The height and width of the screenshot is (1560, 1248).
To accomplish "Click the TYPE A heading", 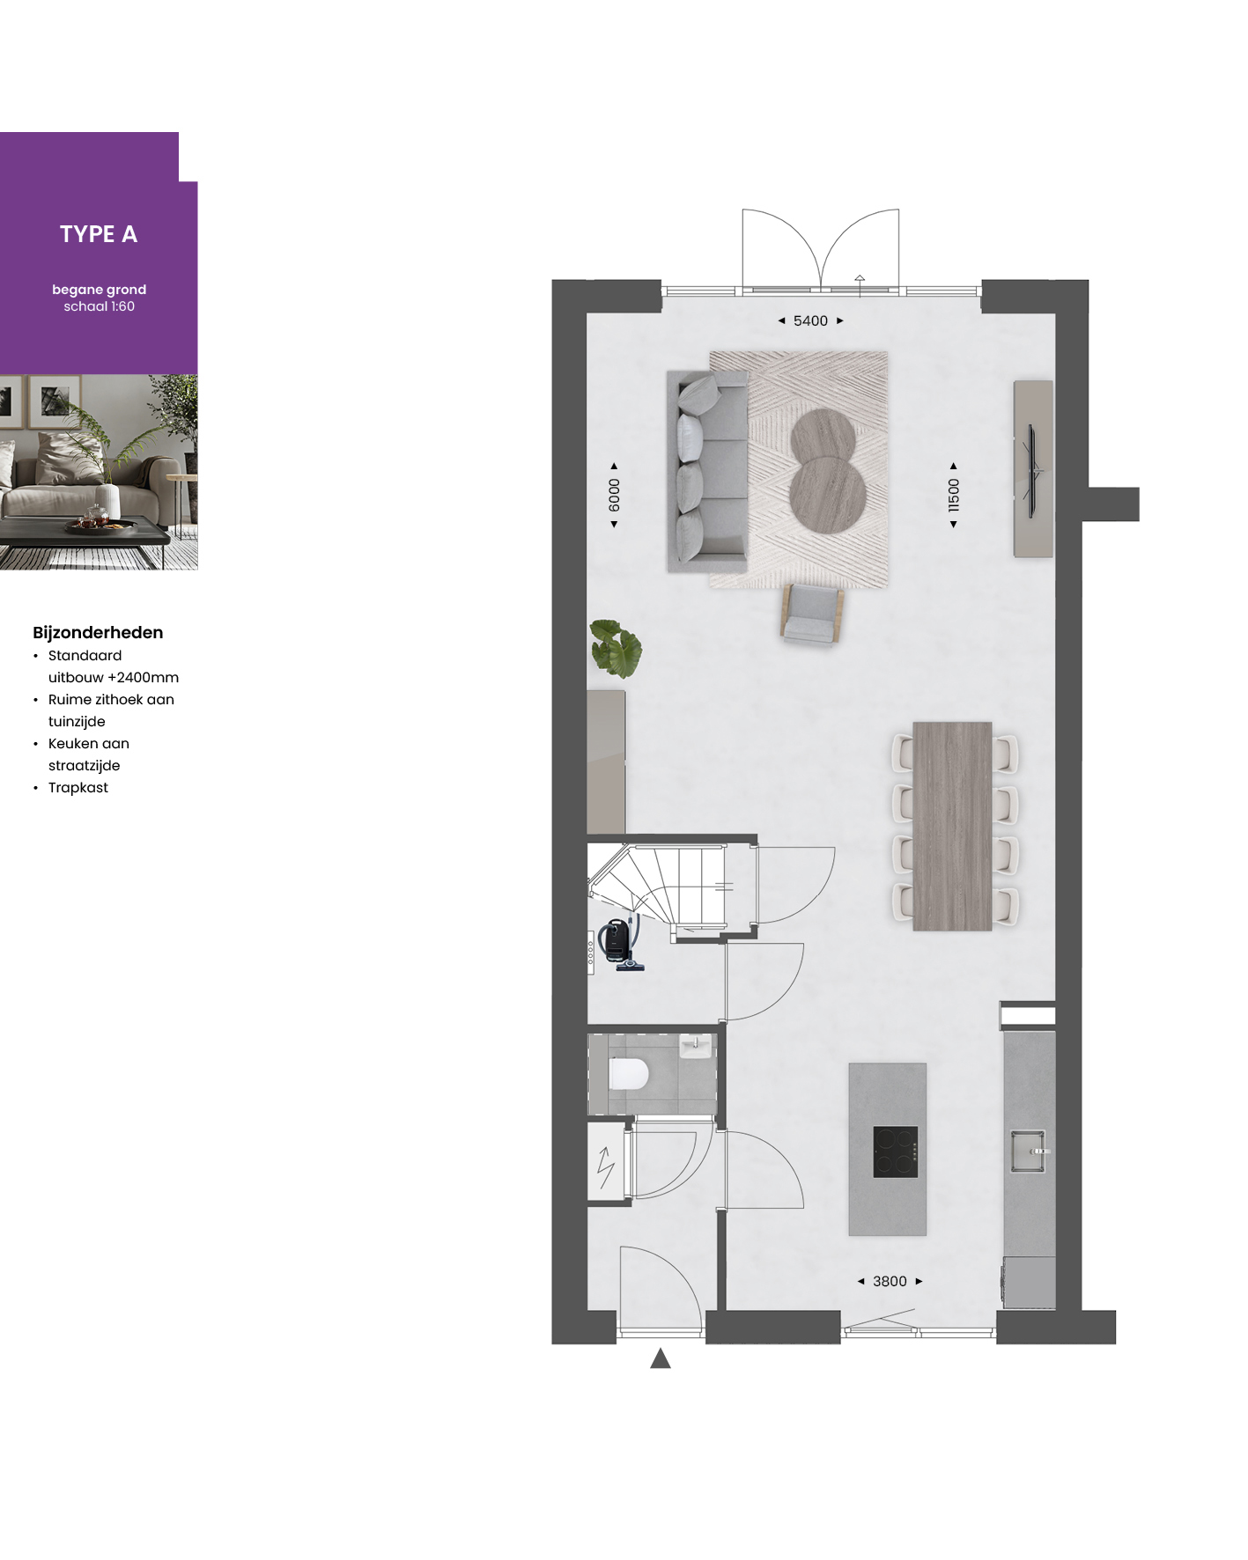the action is (x=99, y=234).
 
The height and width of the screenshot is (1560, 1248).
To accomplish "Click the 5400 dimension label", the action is (x=810, y=321).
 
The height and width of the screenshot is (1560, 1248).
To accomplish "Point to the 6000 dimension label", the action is (x=614, y=495).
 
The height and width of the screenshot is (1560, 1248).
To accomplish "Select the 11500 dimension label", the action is (x=953, y=495).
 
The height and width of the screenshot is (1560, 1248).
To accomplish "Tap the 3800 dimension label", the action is (x=890, y=1282).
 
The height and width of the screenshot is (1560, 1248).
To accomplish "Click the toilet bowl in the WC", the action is (x=629, y=1074).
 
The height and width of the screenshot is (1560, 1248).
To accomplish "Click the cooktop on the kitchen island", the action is (x=896, y=1152).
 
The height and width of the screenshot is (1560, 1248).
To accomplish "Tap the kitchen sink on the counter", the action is (x=1028, y=1152).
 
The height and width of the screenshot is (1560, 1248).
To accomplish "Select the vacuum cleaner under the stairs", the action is (x=620, y=944).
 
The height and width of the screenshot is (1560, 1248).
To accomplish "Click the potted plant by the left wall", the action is (x=615, y=648).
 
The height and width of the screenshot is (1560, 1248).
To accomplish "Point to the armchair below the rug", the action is (x=812, y=615).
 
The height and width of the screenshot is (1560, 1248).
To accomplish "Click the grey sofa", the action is (x=707, y=471).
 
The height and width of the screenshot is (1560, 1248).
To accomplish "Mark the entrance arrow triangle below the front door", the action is (x=661, y=1358).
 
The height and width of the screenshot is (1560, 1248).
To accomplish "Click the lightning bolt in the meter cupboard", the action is (x=606, y=1168).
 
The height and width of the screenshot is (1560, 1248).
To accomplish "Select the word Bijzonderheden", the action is (x=98, y=633).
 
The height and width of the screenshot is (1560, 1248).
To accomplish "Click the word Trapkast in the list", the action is (x=78, y=788).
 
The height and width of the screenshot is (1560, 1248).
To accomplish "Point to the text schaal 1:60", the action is (x=99, y=306).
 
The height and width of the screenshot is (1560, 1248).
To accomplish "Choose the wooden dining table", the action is (x=953, y=827).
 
